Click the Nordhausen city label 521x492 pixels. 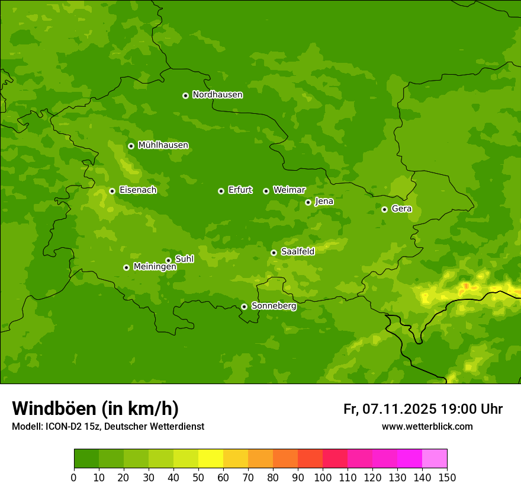click(217, 95)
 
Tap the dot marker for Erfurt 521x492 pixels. click(221, 191)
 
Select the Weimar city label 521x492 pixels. click(289, 190)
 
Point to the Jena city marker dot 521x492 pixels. click(308, 202)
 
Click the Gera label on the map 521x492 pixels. click(401, 209)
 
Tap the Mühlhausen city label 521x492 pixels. click(163, 145)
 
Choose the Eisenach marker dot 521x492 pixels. click(112, 191)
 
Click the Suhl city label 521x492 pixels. click(184, 259)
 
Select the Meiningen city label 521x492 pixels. click(155, 267)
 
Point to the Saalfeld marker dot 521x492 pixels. click(274, 253)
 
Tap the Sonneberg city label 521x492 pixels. click(274, 306)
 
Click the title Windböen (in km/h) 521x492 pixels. click(95, 408)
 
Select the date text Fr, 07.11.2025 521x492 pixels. click(390, 409)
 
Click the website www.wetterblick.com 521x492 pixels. click(427, 427)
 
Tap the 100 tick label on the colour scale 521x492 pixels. click(323, 477)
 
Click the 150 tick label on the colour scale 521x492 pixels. click(447, 477)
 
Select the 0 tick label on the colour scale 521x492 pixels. click(74, 477)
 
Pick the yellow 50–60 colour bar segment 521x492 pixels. click(211, 459)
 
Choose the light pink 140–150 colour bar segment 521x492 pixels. click(435, 459)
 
